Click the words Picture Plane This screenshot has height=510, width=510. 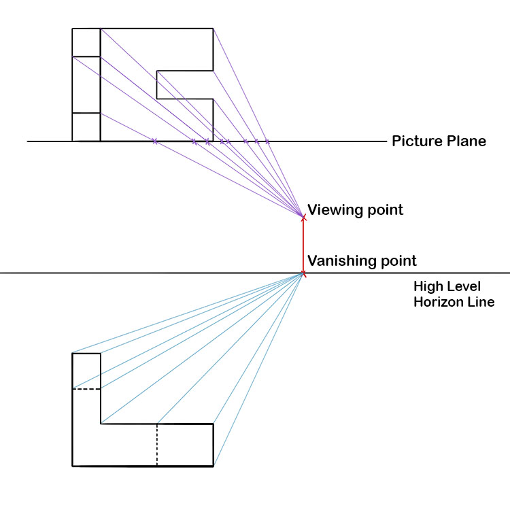click(x=439, y=141)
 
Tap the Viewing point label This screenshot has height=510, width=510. click(x=355, y=209)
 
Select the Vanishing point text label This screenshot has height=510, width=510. click(x=362, y=260)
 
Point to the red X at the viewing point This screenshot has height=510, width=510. click(x=303, y=217)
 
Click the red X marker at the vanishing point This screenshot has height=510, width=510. click(x=303, y=273)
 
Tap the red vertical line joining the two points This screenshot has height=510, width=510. click(x=303, y=245)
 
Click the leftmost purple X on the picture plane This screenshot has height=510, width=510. click(x=155, y=141)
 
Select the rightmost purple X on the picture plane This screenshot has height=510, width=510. click(x=267, y=141)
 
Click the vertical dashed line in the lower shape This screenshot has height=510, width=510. click(x=157, y=445)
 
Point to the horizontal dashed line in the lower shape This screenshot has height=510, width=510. click(x=86, y=389)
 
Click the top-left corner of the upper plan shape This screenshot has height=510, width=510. click(x=72, y=29)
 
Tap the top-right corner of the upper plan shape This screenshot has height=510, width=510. click(x=214, y=29)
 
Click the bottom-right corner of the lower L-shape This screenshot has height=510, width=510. click(x=214, y=466)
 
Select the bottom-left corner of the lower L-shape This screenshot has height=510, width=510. click(x=72, y=466)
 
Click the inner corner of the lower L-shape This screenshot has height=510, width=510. click(x=101, y=424)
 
